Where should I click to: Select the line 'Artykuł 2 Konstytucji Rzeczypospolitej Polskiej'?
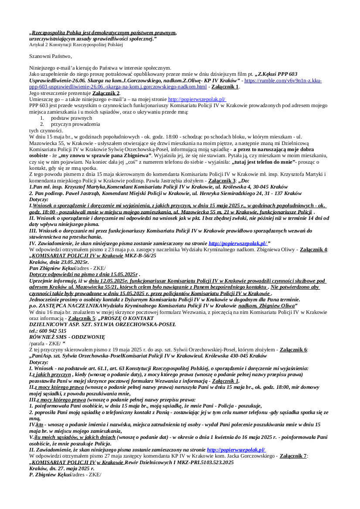click(76, 44)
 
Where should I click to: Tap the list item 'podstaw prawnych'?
click(71, 118)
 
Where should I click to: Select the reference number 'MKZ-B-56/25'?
click(140, 256)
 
